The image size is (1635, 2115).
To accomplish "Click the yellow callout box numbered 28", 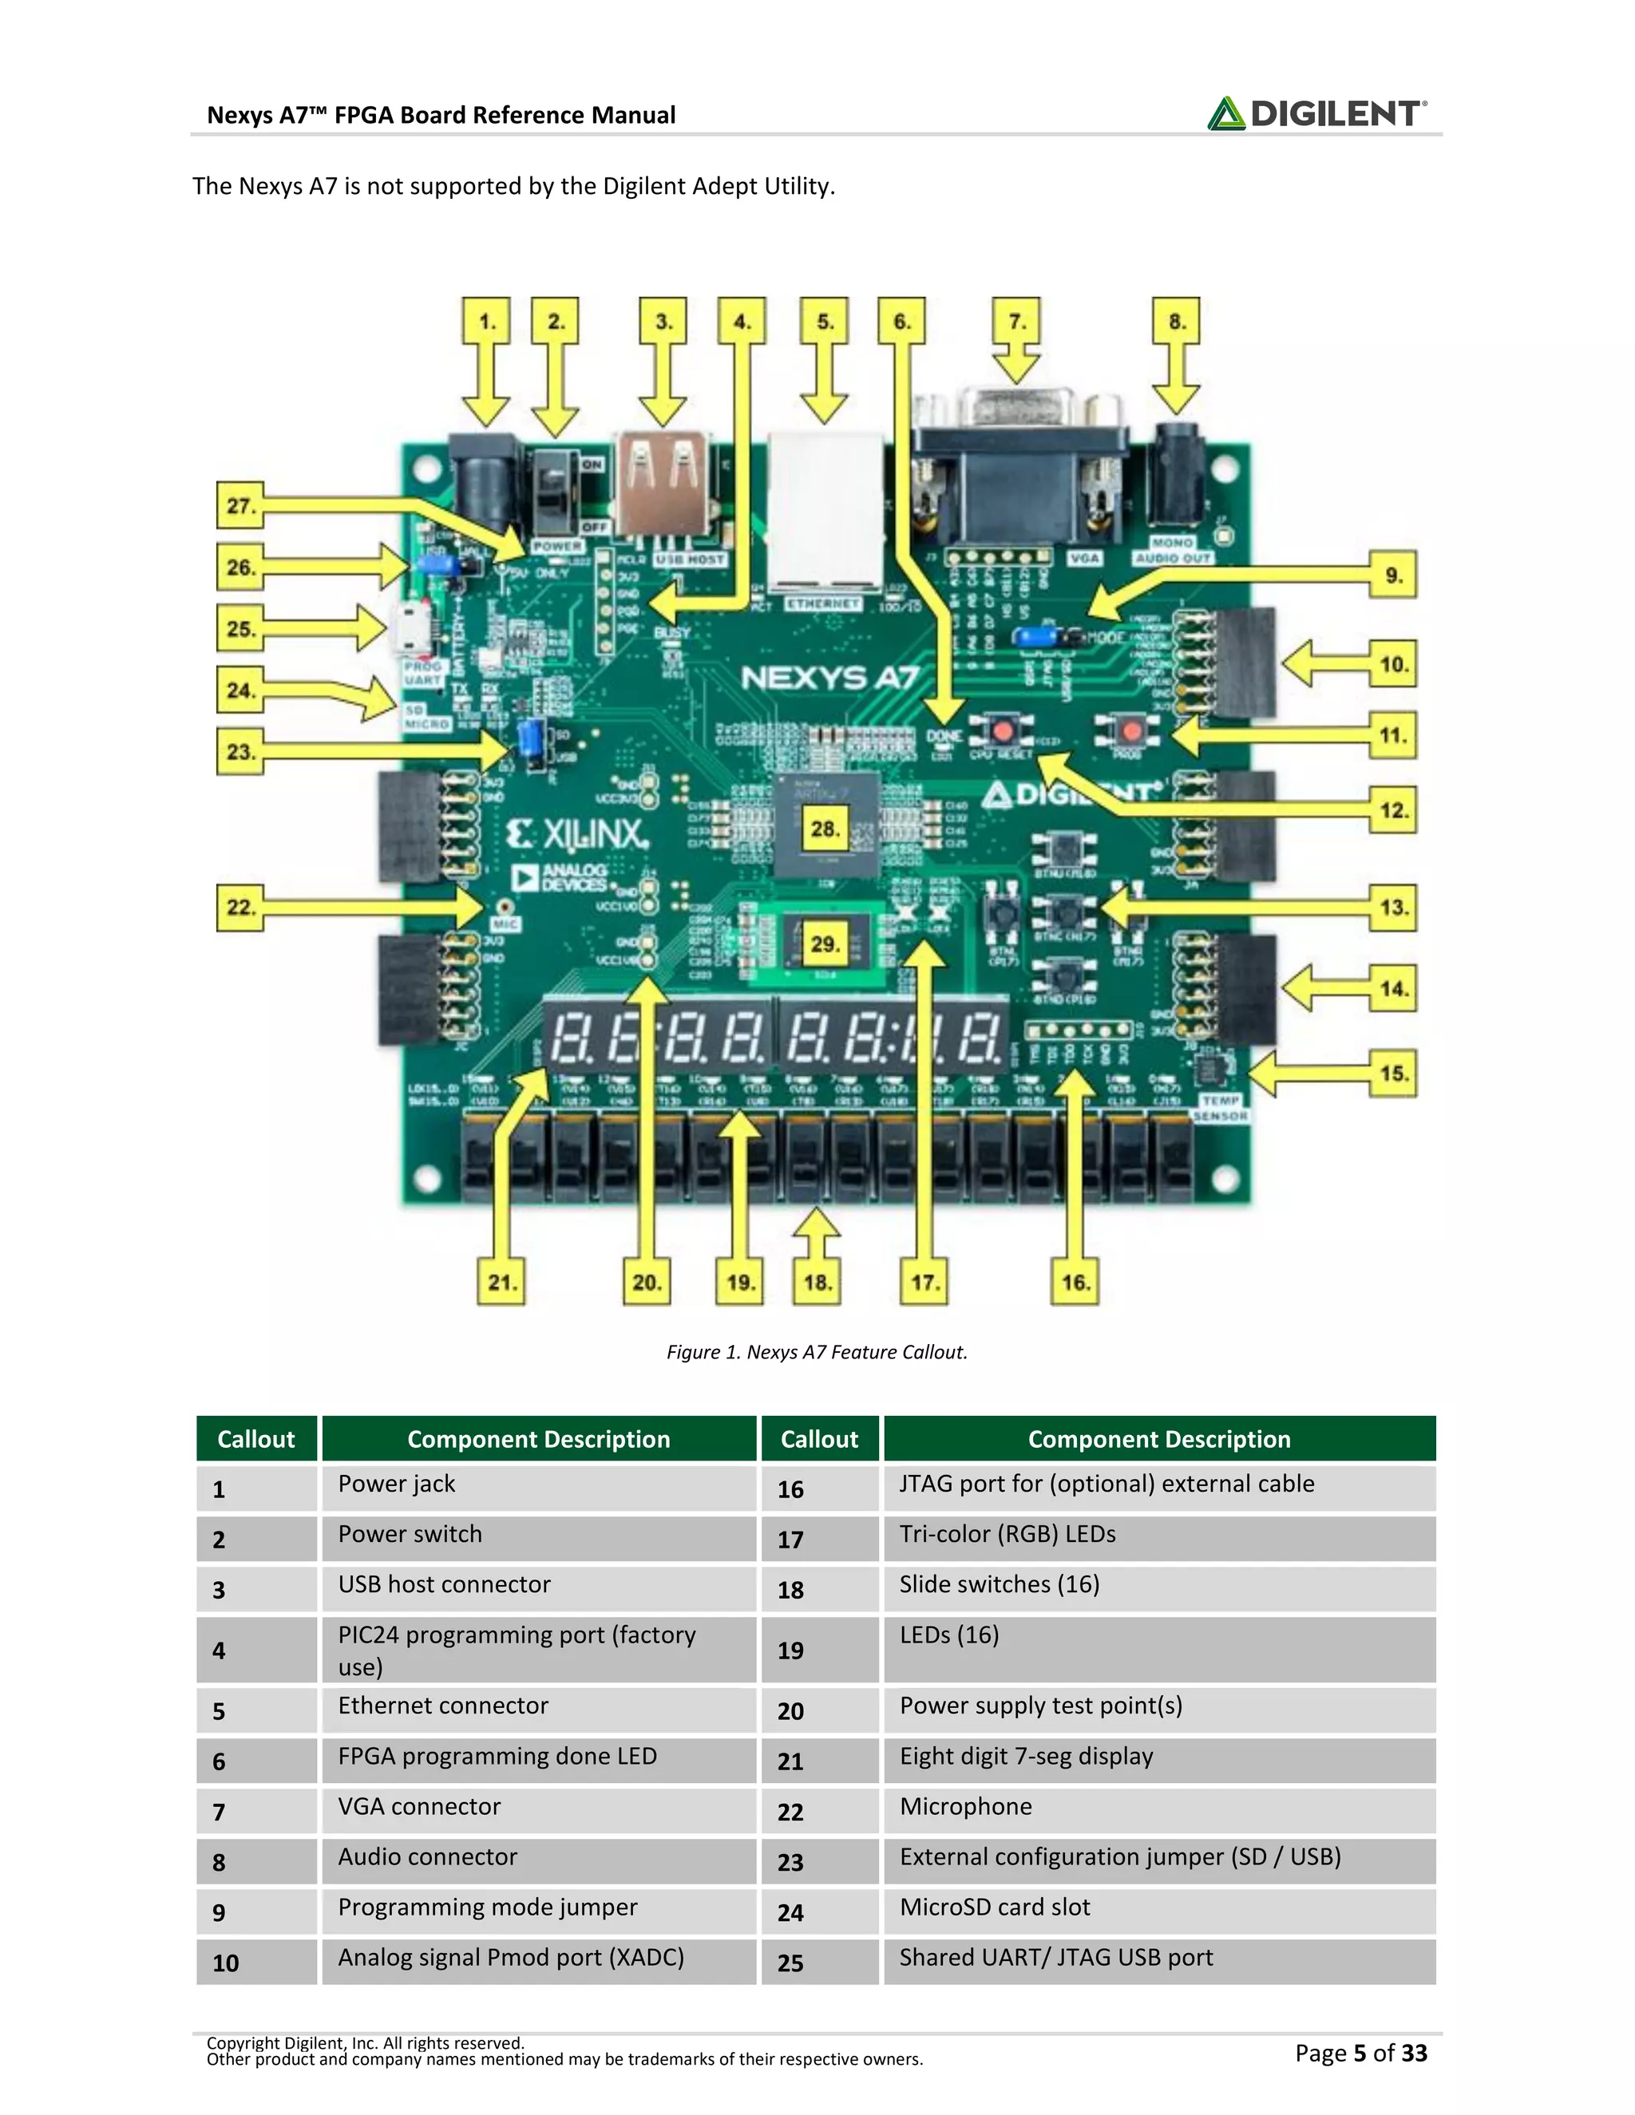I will (x=824, y=829).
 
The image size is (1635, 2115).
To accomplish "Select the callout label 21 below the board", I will (x=501, y=1283).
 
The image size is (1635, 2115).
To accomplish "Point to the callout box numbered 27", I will (x=240, y=505).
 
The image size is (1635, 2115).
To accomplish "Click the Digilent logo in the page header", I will (x=1316, y=113).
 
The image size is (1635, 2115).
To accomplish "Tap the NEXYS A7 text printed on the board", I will (x=829, y=678).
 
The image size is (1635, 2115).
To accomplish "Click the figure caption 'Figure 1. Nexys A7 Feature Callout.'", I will (x=817, y=1352).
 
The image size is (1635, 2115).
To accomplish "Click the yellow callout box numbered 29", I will (x=824, y=943).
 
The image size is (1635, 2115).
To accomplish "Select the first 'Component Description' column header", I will (x=539, y=1439).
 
